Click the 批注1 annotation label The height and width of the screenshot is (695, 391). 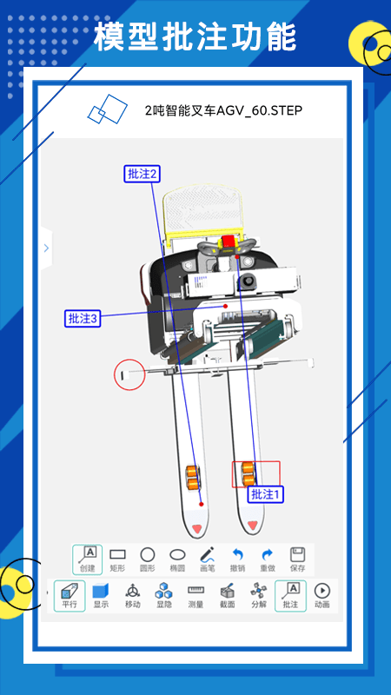click(265, 494)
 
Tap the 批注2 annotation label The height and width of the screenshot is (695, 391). click(142, 174)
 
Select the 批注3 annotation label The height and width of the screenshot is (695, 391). click(83, 318)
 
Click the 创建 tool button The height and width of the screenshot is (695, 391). click(88, 559)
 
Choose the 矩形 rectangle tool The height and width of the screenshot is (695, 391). click(117, 559)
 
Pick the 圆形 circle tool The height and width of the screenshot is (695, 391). click(148, 559)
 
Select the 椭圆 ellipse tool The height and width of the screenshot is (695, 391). click(177, 559)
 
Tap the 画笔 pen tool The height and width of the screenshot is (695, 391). click(207, 559)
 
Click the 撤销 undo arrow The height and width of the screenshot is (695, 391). click(238, 554)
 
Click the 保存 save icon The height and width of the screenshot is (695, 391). click(297, 554)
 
